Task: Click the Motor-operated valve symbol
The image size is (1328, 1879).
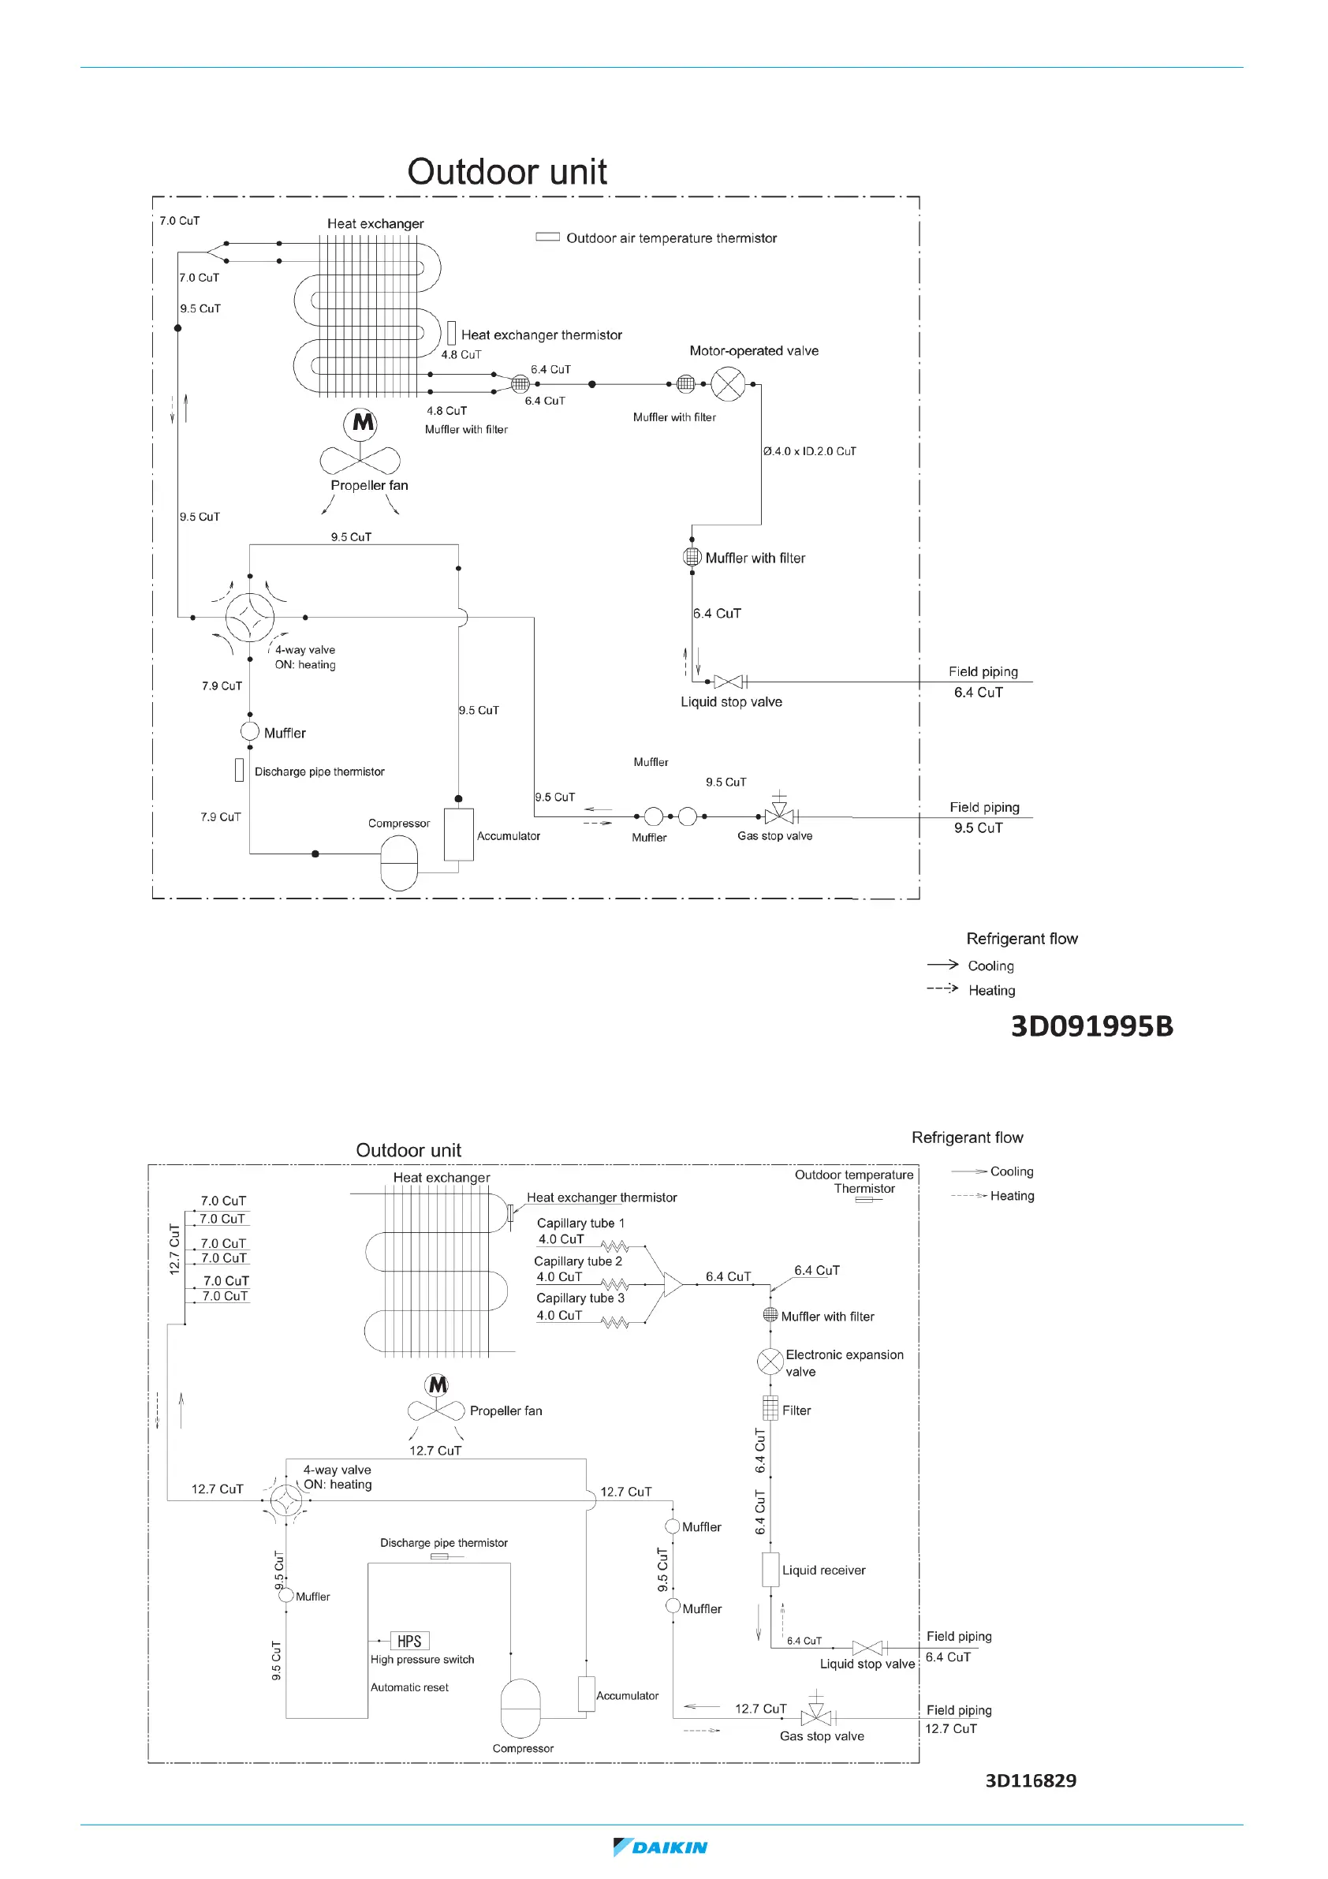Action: click(x=727, y=384)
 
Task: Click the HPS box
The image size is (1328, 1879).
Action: click(x=409, y=1641)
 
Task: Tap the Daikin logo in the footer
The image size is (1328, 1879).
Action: click(x=660, y=1847)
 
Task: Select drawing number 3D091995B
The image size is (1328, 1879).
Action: click(x=1091, y=1025)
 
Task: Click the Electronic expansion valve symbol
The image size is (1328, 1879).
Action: click(x=770, y=1362)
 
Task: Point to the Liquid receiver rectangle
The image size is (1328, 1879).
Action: click(x=770, y=1569)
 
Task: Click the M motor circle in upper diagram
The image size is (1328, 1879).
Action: click(x=360, y=423)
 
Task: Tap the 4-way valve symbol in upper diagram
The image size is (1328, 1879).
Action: click(x=249, y=617)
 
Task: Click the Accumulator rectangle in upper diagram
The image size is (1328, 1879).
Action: click(x=458, y=835)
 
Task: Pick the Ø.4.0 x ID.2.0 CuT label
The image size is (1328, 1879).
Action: click(x=809, y=451)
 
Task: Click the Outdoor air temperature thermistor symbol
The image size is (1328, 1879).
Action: click(x=547, y=237)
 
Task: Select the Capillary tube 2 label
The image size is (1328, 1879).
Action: click(x=578, y=1261)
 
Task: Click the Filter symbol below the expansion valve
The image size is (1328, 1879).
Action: click(x=770, y=1408)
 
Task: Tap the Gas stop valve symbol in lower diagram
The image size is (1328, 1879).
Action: click(x=815, y=1717)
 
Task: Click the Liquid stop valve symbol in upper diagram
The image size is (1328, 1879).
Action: click(x=727, y=682)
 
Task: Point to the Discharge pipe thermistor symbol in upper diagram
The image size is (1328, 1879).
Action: click(x=239, y=770)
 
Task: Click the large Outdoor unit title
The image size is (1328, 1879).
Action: click(x=506, y=172)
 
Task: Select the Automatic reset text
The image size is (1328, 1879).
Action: click(x=409, y=1687)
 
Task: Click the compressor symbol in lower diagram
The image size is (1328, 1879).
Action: click(x=520, y=1708)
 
